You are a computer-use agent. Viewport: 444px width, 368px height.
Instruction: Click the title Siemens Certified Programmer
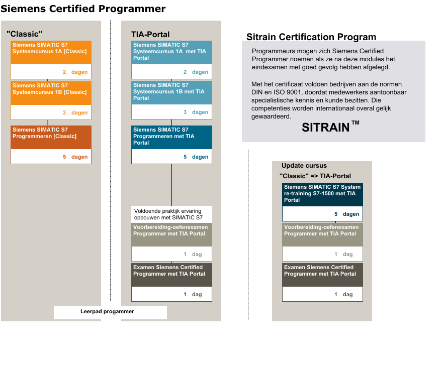click(x=83, y=9)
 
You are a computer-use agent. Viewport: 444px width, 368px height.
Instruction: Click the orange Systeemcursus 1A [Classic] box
click(x=51, y=52)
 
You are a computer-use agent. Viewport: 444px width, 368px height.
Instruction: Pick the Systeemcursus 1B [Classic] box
click(x=51, y=93)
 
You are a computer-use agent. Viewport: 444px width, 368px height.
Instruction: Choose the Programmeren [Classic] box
click(x=51, y=137)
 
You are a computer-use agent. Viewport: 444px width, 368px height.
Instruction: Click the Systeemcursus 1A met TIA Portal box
click(x=171, y=52)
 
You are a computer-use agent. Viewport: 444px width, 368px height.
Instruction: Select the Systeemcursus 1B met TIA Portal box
click(x=171, y=93)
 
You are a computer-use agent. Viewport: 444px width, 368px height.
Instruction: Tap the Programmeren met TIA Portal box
click(x=171, y=137)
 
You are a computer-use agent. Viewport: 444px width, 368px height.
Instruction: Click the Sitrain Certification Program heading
click(x=311, y=37)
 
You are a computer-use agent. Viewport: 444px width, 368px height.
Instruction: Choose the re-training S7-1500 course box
click(x=322, y=194)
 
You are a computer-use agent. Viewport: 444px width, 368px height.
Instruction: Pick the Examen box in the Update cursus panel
click(x=322, y=275)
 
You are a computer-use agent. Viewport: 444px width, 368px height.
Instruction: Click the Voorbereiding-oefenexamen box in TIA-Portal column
click(x=171, y=234)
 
